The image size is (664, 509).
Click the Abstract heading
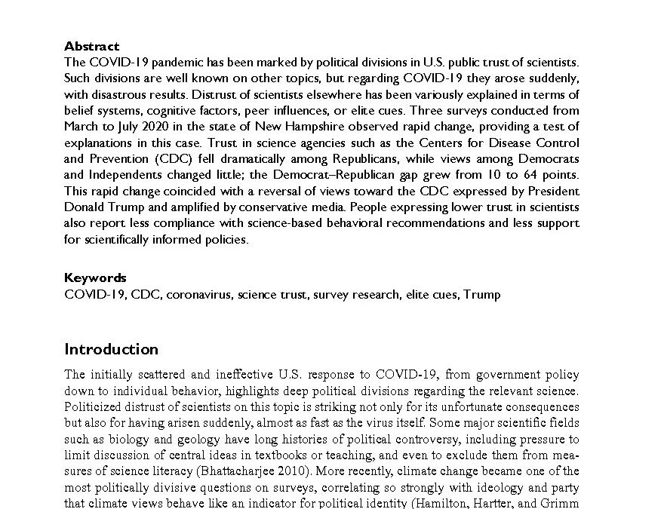pyautogui.click(x=91, y=46)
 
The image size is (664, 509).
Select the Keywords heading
pyautogui.click(x=95, y=277)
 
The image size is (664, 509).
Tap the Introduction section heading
pyautogui.click(x=111, y=349)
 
